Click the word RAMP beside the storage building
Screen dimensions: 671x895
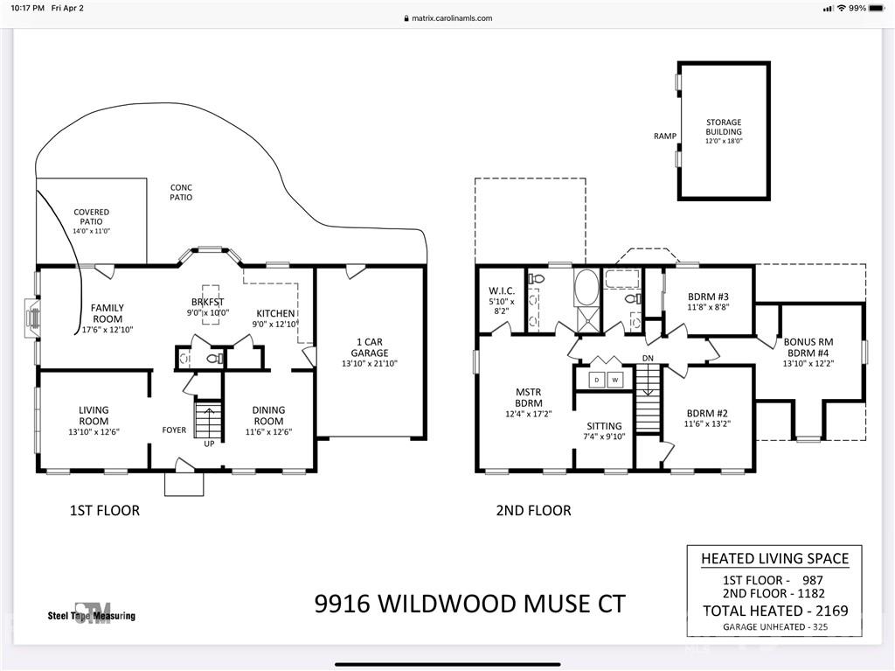[x=664, y=136]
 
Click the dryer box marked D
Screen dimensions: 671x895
[x=597, y=380]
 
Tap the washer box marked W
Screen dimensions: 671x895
[x=615, y=380]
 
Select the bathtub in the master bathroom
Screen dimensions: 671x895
[x=586, y=288]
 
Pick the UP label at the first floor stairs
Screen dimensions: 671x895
[x=209, y=444]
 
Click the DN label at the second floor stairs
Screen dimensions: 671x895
[x=648, y=359]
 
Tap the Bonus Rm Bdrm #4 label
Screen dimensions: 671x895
[x=808, y=348]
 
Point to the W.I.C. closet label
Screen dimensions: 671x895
[x=501, y=297]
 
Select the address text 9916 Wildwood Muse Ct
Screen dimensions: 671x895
[x=469, y=604]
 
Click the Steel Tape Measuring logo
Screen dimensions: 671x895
[x=92, y=612]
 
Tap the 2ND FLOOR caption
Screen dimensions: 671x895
[x=533, y=510]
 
